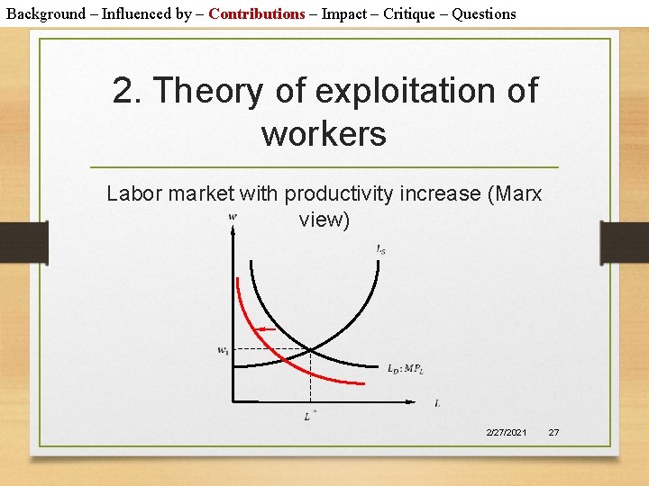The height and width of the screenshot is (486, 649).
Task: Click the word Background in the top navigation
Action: pos(45,13)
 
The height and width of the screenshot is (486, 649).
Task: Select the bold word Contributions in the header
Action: pos(257,13)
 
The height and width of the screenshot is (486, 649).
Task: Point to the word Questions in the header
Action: pos(484,13)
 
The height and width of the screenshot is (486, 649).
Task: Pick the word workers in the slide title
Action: pos(324,134)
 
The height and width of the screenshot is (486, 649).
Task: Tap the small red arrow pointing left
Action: pos(266,329)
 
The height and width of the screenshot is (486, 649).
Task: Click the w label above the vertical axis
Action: pos(233,216)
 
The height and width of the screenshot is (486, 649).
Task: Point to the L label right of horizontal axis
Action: pos(437,403)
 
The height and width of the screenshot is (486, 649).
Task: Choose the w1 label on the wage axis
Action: pos(223,350)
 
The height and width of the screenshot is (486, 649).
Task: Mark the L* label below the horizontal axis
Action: pos(309,415)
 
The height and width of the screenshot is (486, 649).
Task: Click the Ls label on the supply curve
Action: pos(380,249)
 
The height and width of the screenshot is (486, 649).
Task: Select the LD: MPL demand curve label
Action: pos(405,367)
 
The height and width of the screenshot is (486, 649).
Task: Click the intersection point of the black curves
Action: pos(310,348)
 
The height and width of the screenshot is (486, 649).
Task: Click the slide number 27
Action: pos(553,433)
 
